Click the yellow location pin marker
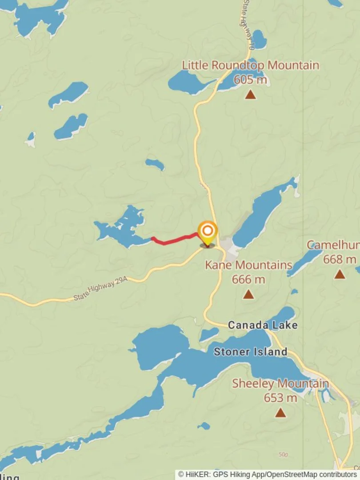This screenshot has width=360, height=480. pos(208,232)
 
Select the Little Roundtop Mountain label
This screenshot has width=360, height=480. pos(250,65)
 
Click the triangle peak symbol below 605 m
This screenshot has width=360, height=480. pos(251,94)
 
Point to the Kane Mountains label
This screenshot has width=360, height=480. pos(248,265)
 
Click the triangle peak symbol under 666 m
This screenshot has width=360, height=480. pos(248,294)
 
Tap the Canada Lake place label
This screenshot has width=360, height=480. pos(263,325)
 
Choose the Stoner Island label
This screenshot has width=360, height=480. pos(250,352)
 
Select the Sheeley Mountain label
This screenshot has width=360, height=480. pos(280,384)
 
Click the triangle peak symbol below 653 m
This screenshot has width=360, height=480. pos(280,413)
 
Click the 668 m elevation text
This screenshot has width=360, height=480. pos(340,259)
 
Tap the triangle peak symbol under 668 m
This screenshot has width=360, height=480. pos(340,274)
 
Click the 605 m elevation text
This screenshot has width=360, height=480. pos(250,80)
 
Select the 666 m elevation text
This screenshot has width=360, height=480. pos(248,280)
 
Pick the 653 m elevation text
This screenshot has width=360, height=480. pos(280,398)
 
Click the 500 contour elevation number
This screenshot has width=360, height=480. pos(283,455)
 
